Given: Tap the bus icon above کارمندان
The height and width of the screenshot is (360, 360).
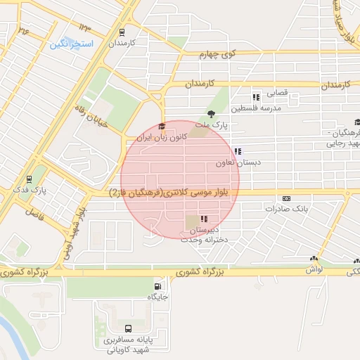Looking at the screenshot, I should click(x=122, y=32).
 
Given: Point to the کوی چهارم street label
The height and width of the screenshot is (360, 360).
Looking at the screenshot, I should click(x=216, y=53).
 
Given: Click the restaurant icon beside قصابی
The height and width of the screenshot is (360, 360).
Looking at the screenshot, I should click(x=256, y=96).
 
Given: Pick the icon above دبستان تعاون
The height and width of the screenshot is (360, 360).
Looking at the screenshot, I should click(x=238, y=150).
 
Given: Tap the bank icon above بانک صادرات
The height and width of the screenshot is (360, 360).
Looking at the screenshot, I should click(x=285, y=199).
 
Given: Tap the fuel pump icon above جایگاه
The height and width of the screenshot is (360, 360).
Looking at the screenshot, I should click(x=157, y=286).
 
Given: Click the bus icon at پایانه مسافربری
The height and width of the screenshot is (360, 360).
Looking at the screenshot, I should click(x=127, y=328).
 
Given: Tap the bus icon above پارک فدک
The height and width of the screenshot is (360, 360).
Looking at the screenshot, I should click(x=29, y=179).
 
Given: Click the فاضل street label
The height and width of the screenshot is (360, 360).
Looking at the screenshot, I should click(x=34, y=211).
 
